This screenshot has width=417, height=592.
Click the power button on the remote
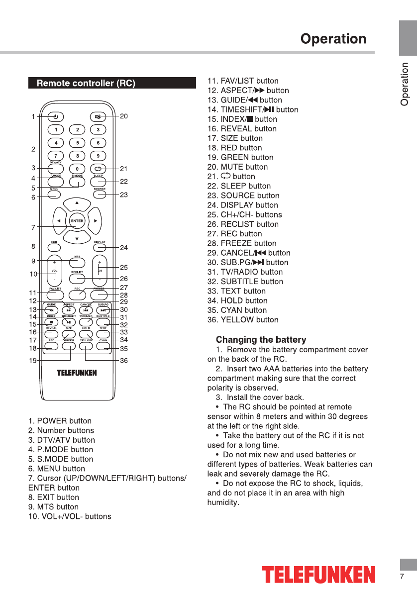pos(56,117)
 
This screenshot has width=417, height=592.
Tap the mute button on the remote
pos(98,117)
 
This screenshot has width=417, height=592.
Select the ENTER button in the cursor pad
pos(77,220)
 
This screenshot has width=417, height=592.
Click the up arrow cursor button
pos(77,203)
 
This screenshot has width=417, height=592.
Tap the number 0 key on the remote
pos(77,168)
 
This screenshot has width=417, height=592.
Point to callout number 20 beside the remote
pos(124,116)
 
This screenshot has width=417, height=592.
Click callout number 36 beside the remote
pos(124,360)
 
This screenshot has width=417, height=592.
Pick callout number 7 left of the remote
pos(33,227)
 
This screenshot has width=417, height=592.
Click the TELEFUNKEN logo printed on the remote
pos(77,373)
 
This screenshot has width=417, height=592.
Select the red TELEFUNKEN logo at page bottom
pos(319,574)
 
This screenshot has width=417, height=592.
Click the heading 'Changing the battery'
pos(261,340)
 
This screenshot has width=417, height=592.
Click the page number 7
pos(402,576)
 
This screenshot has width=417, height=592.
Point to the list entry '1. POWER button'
pos(60,421)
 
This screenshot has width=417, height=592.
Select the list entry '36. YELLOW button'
pos(243,319)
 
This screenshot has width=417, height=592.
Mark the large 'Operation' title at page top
pos(333,39)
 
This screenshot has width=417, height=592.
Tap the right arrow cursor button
pos(95,220)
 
